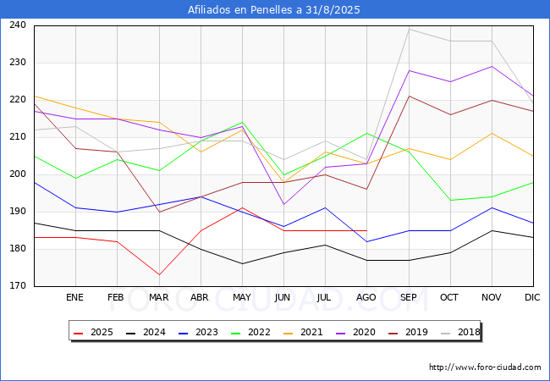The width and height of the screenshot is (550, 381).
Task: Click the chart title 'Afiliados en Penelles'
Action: pos(275,9)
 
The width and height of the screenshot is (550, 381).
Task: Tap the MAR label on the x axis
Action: pos(158,298)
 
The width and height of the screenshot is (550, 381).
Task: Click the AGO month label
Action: pos(366,298)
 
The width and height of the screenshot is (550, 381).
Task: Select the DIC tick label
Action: pos(532,298)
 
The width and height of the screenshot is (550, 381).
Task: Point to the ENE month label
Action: pos(75,298)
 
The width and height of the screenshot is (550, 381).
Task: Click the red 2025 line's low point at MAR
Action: pos(158,275)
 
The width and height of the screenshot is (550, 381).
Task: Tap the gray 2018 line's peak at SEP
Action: pos(409,29)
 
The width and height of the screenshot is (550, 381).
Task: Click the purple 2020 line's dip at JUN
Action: pos(283,204)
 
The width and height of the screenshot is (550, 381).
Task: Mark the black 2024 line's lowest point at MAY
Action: pos(242,264)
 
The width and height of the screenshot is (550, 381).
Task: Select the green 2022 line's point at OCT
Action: pos(450,201)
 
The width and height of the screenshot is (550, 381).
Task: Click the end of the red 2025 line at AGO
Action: pos(366,230)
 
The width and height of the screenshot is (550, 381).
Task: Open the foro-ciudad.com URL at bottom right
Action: pos(485,367)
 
